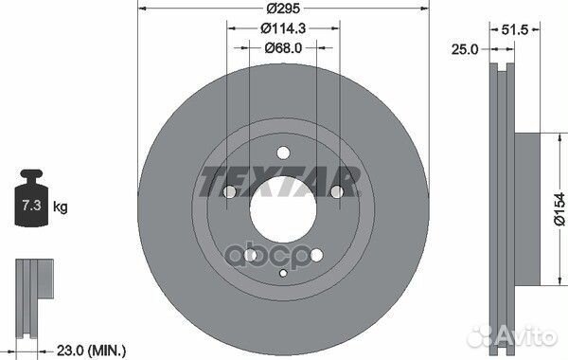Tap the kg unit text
point(60,205)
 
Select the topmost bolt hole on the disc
point(284,153)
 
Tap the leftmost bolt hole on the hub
point(229,193)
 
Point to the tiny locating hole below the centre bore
point(284,274)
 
